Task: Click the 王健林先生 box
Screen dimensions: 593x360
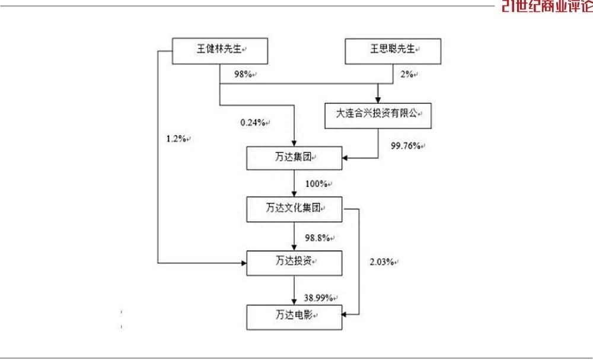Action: (x=220, y=51)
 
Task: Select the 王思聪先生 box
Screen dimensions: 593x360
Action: (x=393, y=51)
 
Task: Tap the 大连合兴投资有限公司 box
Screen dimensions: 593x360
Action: (x=378, y=115)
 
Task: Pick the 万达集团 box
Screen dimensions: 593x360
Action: (x=294, y=158)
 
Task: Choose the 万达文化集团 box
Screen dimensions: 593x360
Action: (x=294, y=209)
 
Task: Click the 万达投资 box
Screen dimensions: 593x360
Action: (x=294, y=263)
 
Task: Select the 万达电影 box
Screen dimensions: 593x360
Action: (x=294, y=317)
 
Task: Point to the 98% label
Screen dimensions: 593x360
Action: (x=243, y=74)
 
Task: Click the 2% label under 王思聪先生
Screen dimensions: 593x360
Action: (x=407, y=74)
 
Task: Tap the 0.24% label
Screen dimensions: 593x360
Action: (x=253, y=123)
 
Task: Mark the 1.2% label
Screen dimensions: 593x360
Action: (x=176, y=139)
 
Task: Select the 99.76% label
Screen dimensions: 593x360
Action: (x=406, y=145)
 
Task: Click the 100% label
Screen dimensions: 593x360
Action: (x=317, y=184)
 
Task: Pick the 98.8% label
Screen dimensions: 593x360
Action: (x=318, y=238)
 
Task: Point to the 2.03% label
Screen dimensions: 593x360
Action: (x=382, y=262)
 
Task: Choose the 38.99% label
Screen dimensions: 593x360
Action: (x=318, y=298)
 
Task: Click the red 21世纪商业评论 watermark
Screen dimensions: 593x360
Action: (x=547, y=6)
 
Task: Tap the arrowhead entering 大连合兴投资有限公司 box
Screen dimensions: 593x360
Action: (x=378, y=100)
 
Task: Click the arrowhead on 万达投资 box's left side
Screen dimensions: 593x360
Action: (x=244, y=263)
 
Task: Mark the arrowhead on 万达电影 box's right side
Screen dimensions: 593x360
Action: (x=345, y=314)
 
